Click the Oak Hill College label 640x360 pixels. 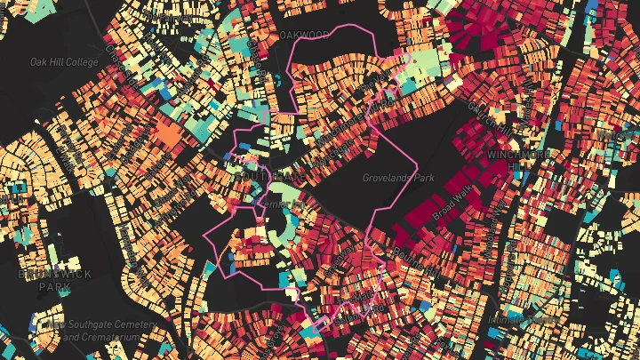click(x=64, y=62)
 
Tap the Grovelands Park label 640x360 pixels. click(x=397, y=178)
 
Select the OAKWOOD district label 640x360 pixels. click(x=304, y=35)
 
